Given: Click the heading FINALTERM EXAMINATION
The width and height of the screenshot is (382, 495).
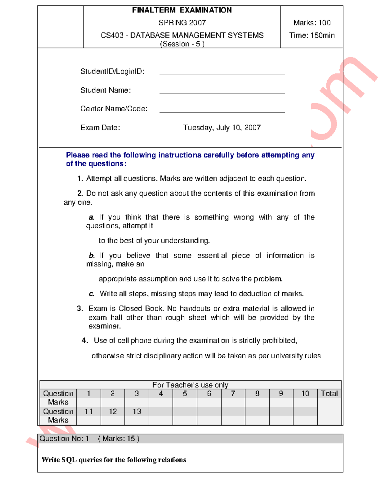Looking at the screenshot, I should pyautogui.click(x=182, y=10).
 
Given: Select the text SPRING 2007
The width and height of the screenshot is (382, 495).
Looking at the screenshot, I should pyautogui.click(x=182, y=23).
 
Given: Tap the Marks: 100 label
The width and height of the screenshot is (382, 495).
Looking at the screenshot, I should pyautogui.click(x=312, y=23).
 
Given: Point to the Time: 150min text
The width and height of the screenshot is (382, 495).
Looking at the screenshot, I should pyautogui.click(x=312, y=35).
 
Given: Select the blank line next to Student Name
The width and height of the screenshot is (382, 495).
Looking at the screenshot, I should pyautogui.click(x=222, y=93).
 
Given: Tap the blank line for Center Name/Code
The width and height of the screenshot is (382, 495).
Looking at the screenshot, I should pyautogui.click(x=222, y=111).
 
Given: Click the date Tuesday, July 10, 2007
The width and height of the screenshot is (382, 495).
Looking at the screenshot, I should pyautogui.click(x=222, y=128).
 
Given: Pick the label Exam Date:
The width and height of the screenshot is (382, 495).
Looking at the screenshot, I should pyautogui.click(x=100, y=128).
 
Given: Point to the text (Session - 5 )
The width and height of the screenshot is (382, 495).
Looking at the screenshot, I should pyautogui.click(x=182, y=44).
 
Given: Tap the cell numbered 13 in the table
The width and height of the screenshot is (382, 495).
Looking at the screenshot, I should pyautogui.click(x=137, y=411).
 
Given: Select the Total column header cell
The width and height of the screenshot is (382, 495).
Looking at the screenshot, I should pyautogui.click(x=329, y=394).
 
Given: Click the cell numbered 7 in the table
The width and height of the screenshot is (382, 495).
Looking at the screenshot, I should pyautogui.click(x=233, y=394).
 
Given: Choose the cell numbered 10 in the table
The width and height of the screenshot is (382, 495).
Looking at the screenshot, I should pyautogui.click(x=305, y=394).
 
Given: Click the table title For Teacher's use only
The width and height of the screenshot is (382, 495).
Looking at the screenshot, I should pyautogui.click(x=190, y=385).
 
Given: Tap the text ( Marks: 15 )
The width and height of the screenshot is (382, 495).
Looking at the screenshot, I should pyautogui.click(x=118, y=439).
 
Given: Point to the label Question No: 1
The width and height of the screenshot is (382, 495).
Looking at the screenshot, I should pyautogui.click(x=64, y=439).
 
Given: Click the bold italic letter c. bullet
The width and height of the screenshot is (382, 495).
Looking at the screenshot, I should pyautogui.click(x=91, y=294).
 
